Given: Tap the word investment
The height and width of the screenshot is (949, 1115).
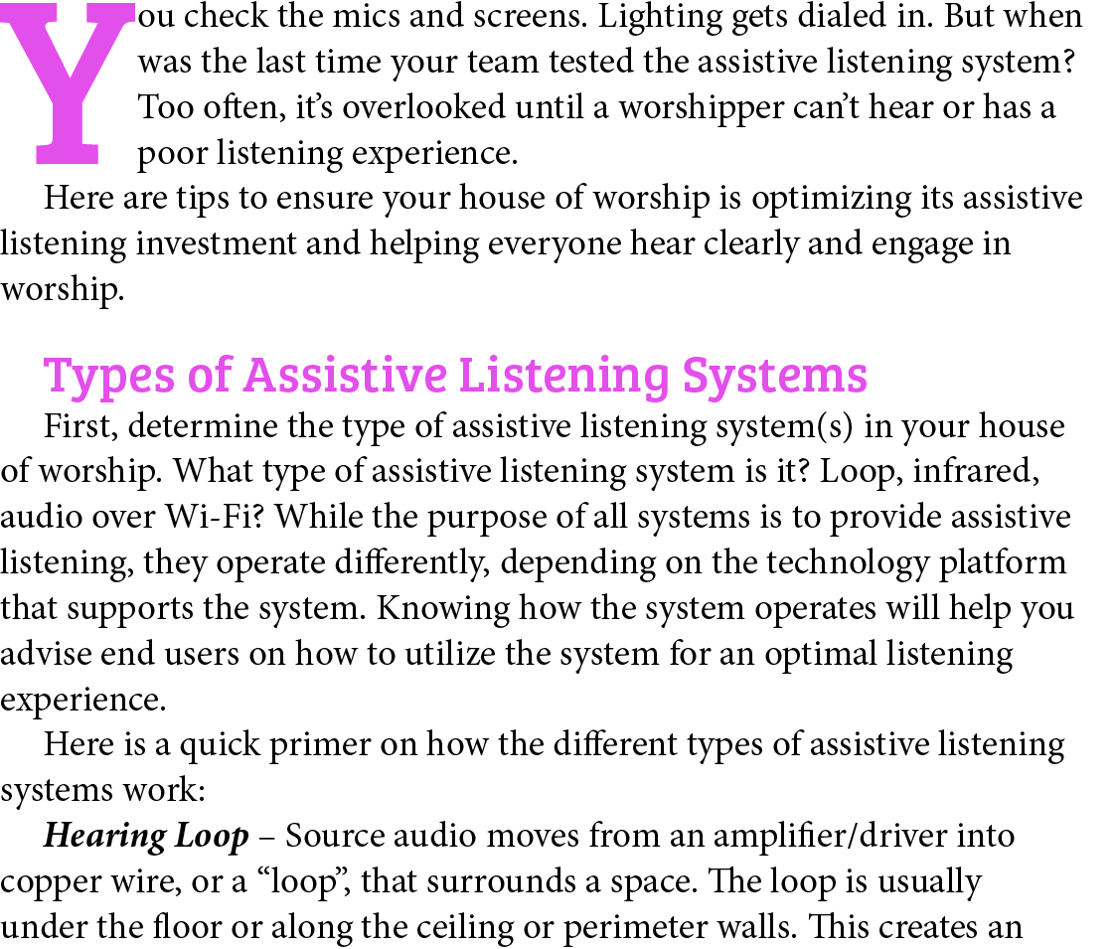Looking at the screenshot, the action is pos(217,243).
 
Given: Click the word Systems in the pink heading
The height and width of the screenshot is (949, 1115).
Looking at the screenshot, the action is pos(774,377).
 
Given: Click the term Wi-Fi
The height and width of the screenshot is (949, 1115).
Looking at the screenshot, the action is pos(215,516).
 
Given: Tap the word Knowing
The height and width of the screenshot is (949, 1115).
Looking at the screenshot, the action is pos(442,609).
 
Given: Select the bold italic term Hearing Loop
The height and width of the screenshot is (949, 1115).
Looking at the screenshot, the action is pos(146,837).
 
